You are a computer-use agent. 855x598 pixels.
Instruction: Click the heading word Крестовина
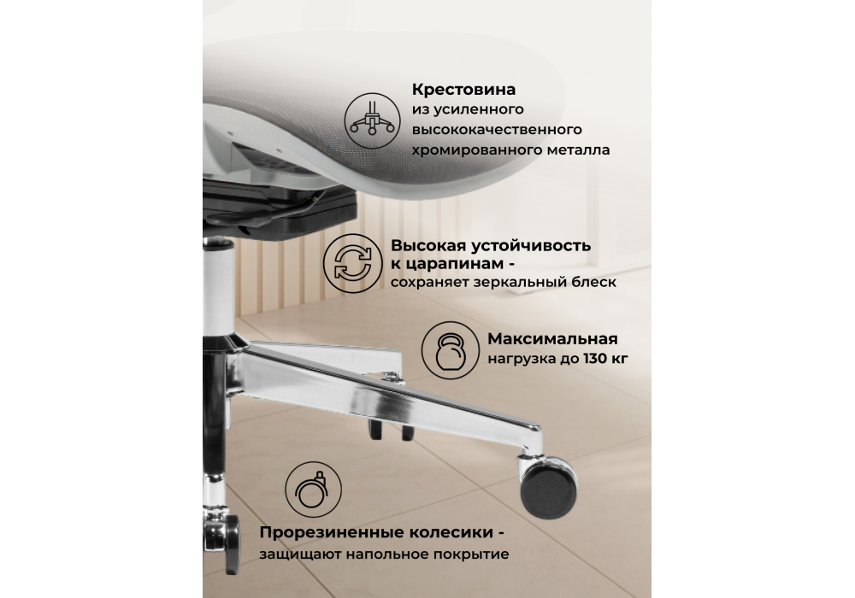[x=464, y=90]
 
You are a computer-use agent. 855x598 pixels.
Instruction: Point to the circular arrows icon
[x=351, y=261]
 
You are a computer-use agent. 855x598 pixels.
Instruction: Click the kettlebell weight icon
[x=450, y=349]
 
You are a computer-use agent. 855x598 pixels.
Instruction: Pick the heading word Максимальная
[x=552, y=340]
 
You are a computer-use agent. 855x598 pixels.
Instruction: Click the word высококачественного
[x=497, y=131]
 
